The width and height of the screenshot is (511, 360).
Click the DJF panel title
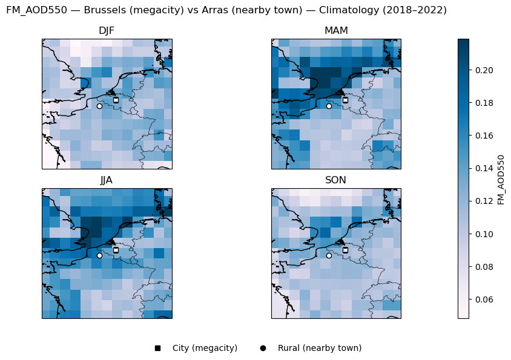[107, 31]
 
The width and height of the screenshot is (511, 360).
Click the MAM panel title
[336, 31]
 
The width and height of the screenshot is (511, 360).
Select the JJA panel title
[107, 180]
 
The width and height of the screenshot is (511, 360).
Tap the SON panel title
[336, 180]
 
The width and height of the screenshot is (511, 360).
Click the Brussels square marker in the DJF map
[116, 100]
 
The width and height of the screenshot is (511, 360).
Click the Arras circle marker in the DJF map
[99, 106]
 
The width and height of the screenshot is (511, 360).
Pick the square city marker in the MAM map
[345, 100]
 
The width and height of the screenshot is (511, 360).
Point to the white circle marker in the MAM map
[329, 106]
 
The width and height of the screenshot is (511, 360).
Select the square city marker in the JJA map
[116, 250]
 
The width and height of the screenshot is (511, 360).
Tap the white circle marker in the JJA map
[99, 255]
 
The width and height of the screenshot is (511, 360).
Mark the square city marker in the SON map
[345, 250]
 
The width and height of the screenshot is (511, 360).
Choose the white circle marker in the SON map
[329, 255]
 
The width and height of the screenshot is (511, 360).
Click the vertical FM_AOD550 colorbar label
[501, 179]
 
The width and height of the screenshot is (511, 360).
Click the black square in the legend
[157, 348]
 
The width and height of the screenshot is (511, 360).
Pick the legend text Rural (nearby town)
[320, 348]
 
